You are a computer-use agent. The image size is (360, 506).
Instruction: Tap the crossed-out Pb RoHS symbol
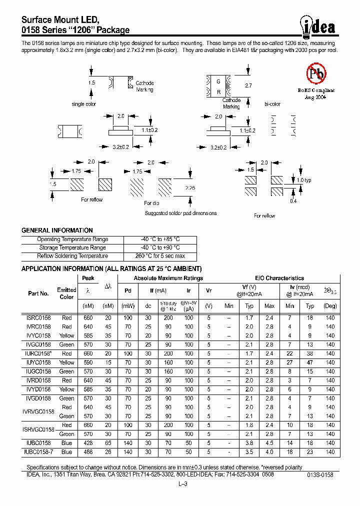point(315,74)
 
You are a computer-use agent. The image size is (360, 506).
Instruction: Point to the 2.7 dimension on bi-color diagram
point(248,86)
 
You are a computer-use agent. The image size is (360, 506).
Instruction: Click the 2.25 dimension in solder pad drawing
point(190,187)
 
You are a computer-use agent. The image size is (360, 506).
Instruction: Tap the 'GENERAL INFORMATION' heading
point(57,230)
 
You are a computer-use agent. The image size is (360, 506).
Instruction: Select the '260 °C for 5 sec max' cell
point(160,256)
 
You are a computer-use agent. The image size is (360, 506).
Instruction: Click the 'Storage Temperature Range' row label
point(72,247)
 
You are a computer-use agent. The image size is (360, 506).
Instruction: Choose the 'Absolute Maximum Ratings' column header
point(168,278)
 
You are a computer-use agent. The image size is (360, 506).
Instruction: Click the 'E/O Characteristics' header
point(279,278)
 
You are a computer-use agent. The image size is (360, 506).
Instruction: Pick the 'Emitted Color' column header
point(66,293)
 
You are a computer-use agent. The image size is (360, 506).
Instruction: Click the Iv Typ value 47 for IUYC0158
point(310,362)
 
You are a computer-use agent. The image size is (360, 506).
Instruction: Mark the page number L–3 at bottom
point(182,483)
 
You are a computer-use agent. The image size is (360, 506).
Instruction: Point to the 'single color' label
point(84,104)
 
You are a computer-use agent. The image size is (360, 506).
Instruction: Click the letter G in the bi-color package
point(218,81)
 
